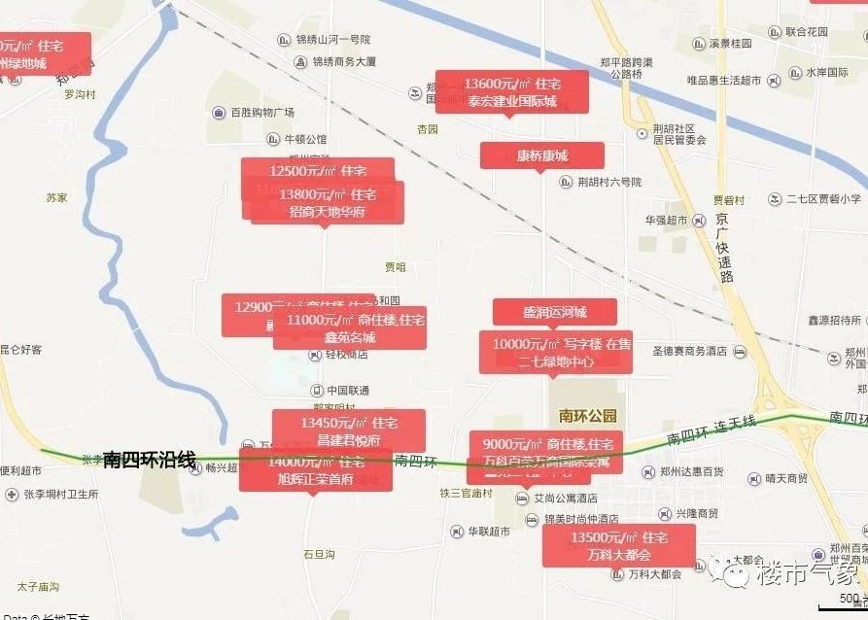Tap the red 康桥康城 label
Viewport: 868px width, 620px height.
click(x=541, y=155)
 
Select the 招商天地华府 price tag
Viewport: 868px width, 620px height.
click(x=328, y=203)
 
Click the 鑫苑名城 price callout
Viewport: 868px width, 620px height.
click(x=349, y=328)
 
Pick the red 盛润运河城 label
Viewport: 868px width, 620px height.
click(x=554, y=312)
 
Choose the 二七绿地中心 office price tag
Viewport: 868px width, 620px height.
click(x=555, y=352)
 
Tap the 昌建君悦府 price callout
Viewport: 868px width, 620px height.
click(x=348, y=431)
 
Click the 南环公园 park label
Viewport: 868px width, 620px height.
click(x=588, y=416)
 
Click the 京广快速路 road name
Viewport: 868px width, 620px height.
click(x=723, y=248)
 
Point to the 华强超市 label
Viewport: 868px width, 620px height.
click(x=665, y=221)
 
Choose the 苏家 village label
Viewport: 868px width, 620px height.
click(x=56, y=197)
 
